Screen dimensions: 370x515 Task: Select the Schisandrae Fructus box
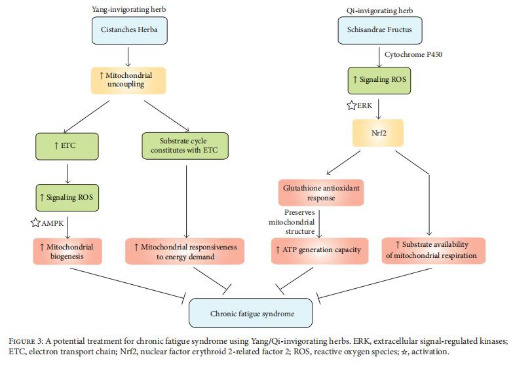(379, 29)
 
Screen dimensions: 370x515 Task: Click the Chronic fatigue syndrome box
(252, 313)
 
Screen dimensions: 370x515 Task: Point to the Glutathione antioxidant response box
(320, 193)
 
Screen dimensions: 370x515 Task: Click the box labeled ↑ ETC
(67, 146)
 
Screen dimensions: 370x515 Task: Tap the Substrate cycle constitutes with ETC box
(185, 146)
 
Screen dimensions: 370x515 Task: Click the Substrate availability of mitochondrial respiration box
(433, 250)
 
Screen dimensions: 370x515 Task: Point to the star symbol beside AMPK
(36, 223)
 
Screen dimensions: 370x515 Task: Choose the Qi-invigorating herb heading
(375, 9)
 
